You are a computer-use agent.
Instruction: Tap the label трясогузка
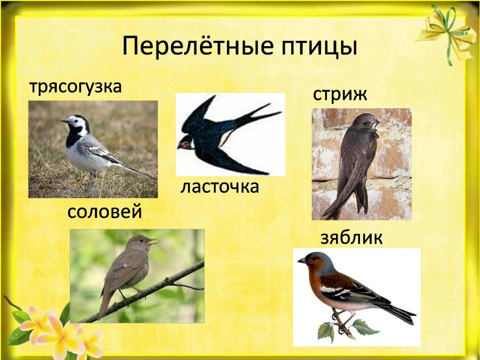pos(75,87)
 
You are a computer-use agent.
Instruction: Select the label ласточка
pos(220,187)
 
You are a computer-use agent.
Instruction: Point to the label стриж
pos(340,95)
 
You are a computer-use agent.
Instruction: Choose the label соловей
pos(104,212)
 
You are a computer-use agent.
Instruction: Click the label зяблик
pos(352,238)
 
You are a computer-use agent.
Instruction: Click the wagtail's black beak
pos(64,121)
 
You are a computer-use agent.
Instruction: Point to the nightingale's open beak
pos(152,241)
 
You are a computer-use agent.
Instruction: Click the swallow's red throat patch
pos(185,143)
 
